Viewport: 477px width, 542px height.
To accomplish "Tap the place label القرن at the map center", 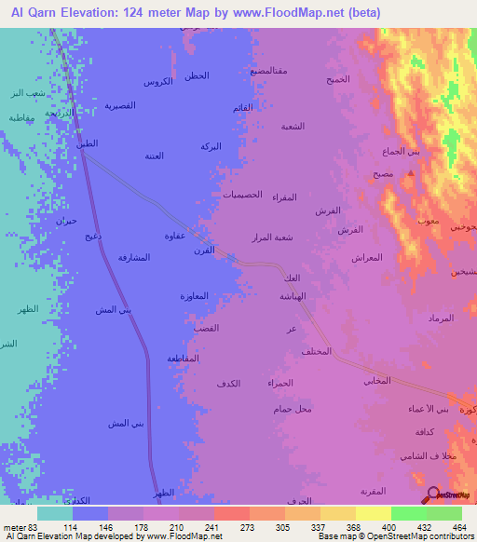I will (202, 250).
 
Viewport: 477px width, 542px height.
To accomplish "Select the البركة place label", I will (211, 147).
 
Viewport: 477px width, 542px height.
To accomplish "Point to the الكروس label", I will (157, 82).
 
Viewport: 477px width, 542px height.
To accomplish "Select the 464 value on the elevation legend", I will (458, 527).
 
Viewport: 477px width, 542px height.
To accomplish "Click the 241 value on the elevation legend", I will (212, 527).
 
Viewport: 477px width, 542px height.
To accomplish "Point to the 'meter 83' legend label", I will (20, 527).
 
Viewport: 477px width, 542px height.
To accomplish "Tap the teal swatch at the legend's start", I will (55, 513).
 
